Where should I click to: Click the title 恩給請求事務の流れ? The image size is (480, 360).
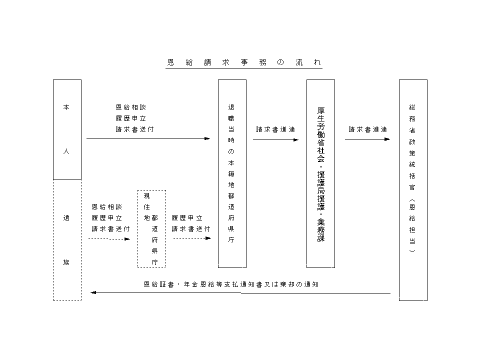coord(243,63)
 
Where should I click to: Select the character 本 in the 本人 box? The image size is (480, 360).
coord(66,107)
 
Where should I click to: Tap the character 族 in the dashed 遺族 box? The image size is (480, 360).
coord(66,262)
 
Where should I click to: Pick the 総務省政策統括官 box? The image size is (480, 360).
coord(413,190)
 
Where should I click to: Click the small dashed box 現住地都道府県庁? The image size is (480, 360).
coord(151,228)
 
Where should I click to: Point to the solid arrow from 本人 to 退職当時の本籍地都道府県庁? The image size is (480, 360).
coord(148,138)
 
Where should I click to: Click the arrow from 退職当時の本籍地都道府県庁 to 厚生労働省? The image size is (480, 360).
coord(275,139)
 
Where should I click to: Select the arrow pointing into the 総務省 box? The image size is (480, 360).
coord(367,139)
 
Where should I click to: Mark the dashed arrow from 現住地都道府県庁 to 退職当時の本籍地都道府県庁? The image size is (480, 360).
coord(192,238)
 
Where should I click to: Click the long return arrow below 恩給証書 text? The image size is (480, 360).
coord(240,293)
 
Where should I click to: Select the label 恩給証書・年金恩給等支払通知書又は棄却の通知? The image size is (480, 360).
coord(231,284)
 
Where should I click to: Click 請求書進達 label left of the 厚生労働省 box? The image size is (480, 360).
coord(275,129)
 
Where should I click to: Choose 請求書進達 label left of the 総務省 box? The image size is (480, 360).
coord(368,129)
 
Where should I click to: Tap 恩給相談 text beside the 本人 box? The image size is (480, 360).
coord(130,107)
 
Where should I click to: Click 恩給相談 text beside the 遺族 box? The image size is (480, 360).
coord(106,206)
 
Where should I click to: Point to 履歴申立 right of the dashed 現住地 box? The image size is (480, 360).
coord(187,218)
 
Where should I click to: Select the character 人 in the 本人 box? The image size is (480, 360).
coord(66,151)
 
